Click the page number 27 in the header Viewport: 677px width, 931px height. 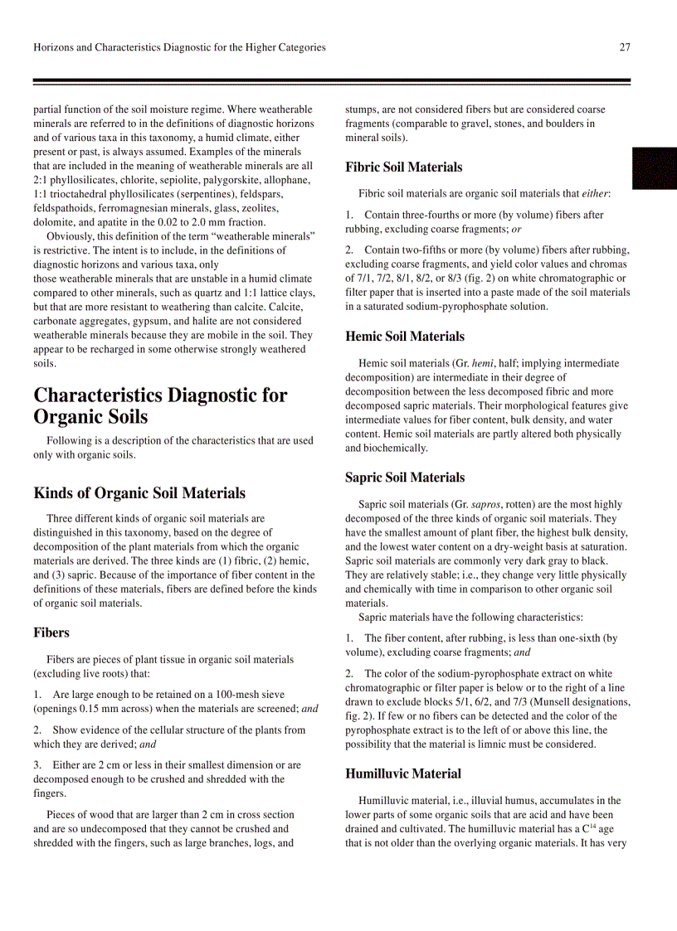(625, 47)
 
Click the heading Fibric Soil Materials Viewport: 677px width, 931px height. (403, 167)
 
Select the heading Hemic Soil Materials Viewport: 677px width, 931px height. (404, 337)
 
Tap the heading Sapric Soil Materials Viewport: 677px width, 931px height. (404, 478)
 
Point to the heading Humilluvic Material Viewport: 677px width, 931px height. (402, 774)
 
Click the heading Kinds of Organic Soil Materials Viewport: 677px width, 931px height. (139, 493)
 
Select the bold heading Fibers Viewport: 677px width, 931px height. (51, 633)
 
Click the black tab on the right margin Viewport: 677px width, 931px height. (655, 168)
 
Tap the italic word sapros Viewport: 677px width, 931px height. (486, 504)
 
